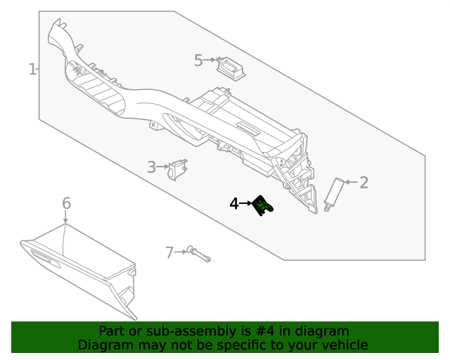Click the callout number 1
[x=32, y=69]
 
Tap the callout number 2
[x=364, y=183]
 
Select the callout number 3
[x=151, y=167]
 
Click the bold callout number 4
[x=234, y=204]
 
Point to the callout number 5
[x=198, y=60]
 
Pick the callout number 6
[x=66, y=203]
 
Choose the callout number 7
[x=169, y=252]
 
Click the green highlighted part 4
[x=263, y=205]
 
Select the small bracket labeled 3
[x=179, y=169]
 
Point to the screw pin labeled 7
[x=199, y=255]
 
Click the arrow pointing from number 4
[x=246, y=204]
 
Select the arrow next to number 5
[x=210, y=61]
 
